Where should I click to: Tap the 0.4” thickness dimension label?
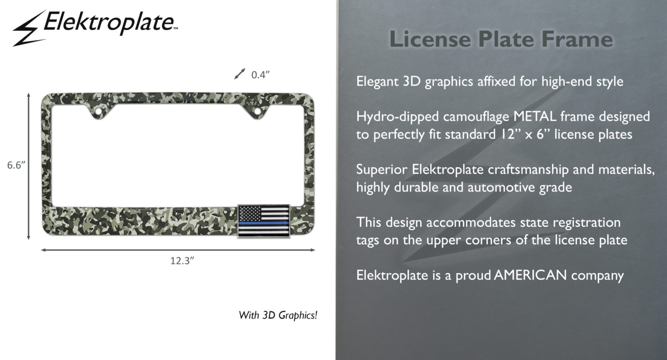(260, 75)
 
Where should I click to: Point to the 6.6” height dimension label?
(16, 165)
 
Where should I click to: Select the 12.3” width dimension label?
(182, 261)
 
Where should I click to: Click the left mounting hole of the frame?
(99, 111)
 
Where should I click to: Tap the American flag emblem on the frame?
(263, 221)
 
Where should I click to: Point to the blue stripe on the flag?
(263, 223)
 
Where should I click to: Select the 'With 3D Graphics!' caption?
(278, 316)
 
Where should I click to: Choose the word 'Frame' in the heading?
(577, 39)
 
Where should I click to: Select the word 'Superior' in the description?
(381, 170)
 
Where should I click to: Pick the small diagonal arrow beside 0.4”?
(240, 74)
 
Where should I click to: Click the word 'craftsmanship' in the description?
(528, 170)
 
